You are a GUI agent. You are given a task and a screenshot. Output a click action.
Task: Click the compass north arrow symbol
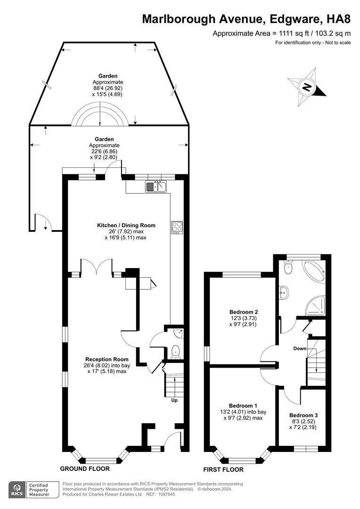(x=307, y=87)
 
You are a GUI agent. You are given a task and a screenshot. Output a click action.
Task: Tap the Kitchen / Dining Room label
(x=126, y=225)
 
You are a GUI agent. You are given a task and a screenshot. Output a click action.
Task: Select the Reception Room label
(x=107, y=359)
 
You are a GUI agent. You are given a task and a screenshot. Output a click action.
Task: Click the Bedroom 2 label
(x=244, y=312)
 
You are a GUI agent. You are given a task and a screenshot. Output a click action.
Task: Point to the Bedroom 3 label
(x=303, y=415)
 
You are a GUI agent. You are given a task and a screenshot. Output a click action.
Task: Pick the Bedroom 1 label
(x=243, y=406)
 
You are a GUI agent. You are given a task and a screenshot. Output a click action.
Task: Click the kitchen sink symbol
(x=156, y=186)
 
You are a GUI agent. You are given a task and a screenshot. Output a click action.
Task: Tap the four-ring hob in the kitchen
(x=177, y=227)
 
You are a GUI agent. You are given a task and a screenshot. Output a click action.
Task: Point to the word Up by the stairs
(x=174, y=400)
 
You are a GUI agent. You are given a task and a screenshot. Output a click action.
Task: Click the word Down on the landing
(x=300, y=349)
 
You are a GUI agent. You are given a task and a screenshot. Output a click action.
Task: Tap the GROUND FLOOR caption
(x=85, y=468)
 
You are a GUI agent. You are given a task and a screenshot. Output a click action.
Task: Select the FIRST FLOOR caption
(x=223, y=469)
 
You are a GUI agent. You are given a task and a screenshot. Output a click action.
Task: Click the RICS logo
(x=17, y=490)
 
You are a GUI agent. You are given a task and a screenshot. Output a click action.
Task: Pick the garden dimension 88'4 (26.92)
(x=108, y=88)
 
